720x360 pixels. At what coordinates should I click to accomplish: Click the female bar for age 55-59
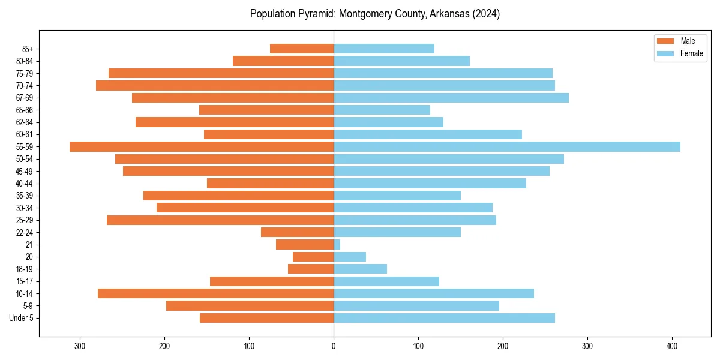click(507, 146)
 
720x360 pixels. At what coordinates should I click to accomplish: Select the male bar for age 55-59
click(202, 146)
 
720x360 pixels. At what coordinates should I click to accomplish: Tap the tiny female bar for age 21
click(337, 244)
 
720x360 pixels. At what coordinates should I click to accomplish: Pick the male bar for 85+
click(302, 49)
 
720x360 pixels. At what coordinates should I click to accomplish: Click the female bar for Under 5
click(444, 318)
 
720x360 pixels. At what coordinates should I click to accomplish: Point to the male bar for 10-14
click(216, 293)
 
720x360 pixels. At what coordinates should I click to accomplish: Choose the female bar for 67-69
click(451, 98)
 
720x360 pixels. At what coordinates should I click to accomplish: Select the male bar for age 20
click(313, 257)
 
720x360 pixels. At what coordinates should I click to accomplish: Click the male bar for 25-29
click(220, 220)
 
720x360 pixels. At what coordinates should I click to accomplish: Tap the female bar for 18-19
click(360, 269)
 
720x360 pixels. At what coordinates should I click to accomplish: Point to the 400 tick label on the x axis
click(672, 346)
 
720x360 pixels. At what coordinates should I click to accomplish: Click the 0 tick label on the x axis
click(334, 346)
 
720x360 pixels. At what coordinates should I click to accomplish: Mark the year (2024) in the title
click(487, 14)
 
